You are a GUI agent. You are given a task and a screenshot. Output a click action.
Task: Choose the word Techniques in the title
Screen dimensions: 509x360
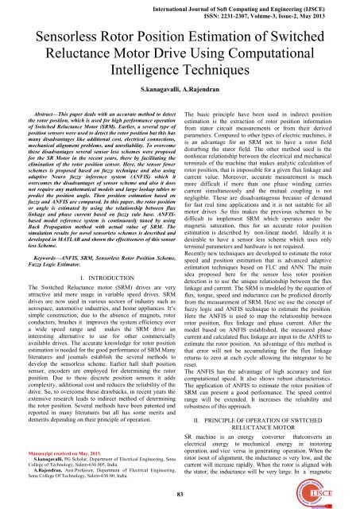227,73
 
